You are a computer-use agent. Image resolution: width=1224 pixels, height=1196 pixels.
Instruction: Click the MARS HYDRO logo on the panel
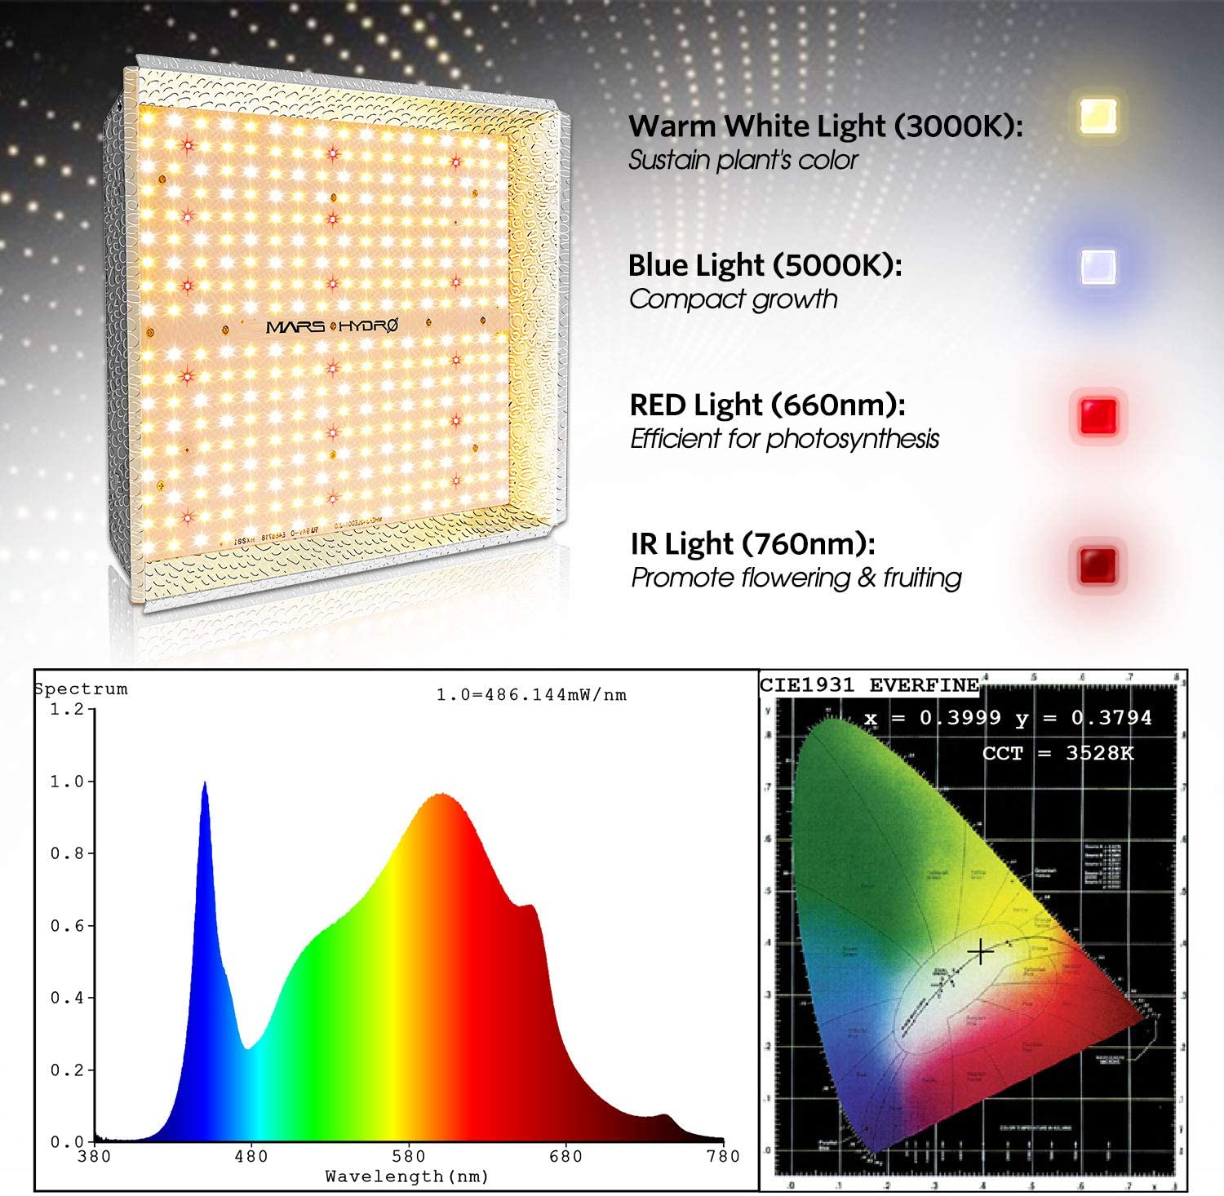(332, 326)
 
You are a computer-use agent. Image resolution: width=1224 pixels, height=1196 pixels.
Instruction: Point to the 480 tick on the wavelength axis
(251, 1156)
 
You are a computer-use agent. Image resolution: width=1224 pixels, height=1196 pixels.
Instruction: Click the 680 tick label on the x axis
(565, 1156)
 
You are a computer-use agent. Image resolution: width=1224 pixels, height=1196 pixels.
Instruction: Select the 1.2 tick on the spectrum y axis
(67, 710)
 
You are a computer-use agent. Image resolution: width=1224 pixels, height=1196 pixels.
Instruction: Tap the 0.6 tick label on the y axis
(67, 926)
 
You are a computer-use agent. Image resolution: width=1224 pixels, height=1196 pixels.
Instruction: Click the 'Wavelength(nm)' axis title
(406, 1176)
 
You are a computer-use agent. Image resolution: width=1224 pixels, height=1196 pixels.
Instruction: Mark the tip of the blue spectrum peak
(204, 783)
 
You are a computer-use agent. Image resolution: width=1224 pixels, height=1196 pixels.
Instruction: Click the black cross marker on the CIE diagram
(980, 951)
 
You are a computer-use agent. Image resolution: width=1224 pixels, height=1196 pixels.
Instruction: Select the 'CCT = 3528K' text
(1058, 753)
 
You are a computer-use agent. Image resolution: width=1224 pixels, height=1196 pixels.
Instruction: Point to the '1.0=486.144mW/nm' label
(531, 695)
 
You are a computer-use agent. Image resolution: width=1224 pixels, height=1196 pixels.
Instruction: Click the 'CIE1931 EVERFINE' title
(869, 685)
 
